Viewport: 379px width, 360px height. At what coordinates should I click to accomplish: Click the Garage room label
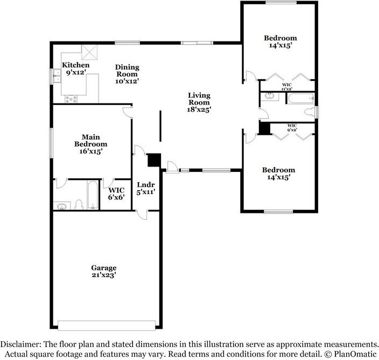(x=104, y=271)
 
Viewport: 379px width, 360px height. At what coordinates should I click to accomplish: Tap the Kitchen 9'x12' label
(x=76, y=68)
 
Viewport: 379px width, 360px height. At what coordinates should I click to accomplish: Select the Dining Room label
(x=127, y=74)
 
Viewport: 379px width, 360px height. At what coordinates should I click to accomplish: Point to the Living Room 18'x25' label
(x=199, y=102)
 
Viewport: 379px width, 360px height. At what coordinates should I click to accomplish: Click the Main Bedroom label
(x=90, y=144)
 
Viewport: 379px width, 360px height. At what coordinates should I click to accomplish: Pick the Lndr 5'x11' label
(x=146, y=188)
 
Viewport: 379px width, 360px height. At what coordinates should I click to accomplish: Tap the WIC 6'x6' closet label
(x=116, y=193)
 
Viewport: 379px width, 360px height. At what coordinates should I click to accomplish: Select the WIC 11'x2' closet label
(x=287, y=87)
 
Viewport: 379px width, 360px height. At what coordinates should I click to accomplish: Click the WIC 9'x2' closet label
(x=292, y=128)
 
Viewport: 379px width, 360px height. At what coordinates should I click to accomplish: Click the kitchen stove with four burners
(x=71, y=99)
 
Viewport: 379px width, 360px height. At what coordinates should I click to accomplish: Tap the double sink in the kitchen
(x=57, y=76)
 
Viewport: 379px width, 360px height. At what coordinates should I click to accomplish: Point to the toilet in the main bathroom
(x=79, y=204)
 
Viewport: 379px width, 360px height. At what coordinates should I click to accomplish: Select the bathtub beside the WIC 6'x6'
(x=93, y=195)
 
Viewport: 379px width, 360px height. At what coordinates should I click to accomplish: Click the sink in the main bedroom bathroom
(x=62, y=206)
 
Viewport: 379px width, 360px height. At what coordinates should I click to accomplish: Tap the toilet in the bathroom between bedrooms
(x=310, y=112)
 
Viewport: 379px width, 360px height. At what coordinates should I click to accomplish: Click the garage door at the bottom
(x=107, y=326)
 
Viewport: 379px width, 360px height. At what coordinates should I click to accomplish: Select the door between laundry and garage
(x=142, y=215)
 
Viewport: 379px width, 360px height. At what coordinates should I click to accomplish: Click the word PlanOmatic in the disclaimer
(x=354, y=354)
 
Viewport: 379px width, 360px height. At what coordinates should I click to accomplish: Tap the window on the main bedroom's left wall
(x=51, y=143)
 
